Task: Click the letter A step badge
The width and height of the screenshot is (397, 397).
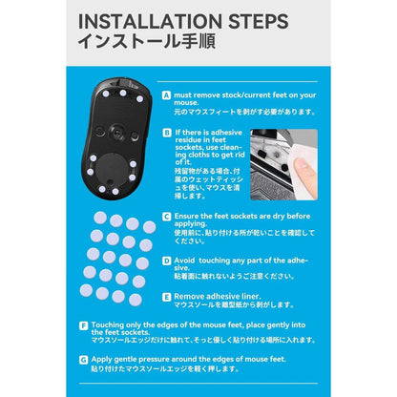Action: tap(166, 95)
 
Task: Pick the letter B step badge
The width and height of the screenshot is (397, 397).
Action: tap(166, 134)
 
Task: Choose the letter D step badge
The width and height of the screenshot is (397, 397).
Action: tap(166, 259)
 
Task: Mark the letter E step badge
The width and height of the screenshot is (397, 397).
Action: tap(166, 297)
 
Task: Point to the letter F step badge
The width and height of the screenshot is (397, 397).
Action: tap(83, 325)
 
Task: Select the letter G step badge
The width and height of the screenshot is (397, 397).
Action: tap(83, 360)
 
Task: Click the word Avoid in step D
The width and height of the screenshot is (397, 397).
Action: tap(186, 259)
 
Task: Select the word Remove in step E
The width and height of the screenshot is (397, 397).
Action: tap(191, 297)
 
